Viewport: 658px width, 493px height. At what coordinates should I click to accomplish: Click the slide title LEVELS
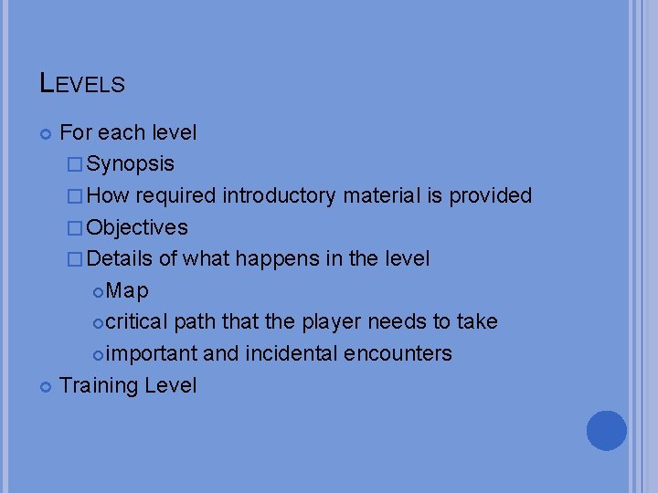click(82, 84)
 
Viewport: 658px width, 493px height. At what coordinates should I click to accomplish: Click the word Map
click(127, 290)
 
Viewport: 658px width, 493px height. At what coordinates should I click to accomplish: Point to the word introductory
click(282, 195)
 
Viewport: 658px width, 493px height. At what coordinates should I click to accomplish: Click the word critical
click(136, 321)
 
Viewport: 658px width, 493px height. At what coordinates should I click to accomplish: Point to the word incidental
click(297, 353)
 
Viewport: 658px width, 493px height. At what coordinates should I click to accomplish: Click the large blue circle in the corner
click(606, 430)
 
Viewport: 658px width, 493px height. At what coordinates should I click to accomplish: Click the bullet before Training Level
click(47, 386)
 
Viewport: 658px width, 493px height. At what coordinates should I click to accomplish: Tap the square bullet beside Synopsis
click(74, 165)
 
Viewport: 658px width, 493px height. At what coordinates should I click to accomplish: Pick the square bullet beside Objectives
click(74, 228)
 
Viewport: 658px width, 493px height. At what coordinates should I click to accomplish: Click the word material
click(385, 195)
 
